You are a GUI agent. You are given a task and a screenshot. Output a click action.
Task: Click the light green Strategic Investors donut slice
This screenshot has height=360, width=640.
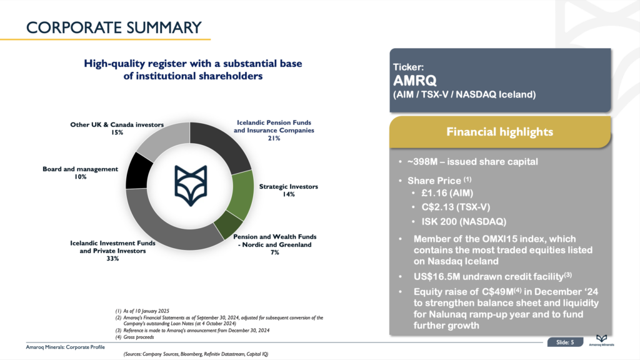click(x=241, y=195)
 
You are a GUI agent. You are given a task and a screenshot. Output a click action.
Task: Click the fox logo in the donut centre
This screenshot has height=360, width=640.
click(x=191, y=185)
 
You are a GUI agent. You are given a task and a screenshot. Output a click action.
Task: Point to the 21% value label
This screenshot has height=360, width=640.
click(x=274, y=138)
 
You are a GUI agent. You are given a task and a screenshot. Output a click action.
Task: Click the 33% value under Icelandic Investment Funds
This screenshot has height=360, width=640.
click(x=112, y=258)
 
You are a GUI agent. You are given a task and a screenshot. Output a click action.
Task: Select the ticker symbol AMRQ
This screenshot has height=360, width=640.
click(x=415, y=81)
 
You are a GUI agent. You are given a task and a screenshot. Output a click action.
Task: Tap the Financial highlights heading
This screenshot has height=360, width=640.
click(x=499, y=132)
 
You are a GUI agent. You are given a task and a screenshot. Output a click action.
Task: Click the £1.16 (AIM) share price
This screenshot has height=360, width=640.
click(x=447, y=193)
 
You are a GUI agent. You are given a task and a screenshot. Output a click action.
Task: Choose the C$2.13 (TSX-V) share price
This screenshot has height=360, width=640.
click(x=456, y=207)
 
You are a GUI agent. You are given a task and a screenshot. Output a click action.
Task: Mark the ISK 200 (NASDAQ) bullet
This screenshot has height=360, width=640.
click(x=464, y=222)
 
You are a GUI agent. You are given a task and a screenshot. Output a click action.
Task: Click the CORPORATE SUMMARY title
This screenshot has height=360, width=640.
click(x=114, y=27)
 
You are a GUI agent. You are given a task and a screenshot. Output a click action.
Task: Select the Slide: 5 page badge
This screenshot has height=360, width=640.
click(x=565, y=342)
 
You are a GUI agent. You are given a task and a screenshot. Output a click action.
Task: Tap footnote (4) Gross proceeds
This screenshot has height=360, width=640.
click(x=135, y=337)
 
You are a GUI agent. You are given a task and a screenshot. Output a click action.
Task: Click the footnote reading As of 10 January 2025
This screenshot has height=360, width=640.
click(x=142, y=311)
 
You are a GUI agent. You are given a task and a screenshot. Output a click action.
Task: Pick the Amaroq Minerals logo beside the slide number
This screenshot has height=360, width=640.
click(x=601, y=341)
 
